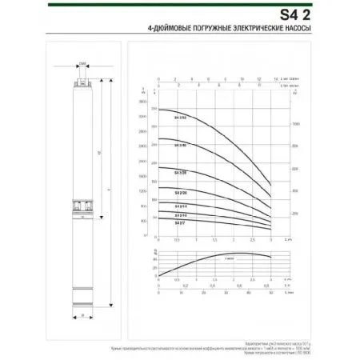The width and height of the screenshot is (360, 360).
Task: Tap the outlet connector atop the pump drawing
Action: [82, 81]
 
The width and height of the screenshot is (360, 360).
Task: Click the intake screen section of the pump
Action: [82, 206]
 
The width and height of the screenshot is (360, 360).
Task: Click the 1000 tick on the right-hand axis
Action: [295, 125]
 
